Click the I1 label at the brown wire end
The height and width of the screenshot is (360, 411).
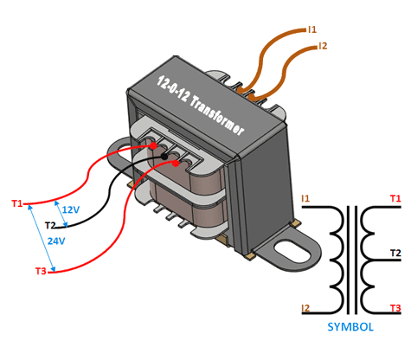coord(313,29)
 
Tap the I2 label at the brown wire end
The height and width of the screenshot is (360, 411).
coord(323,45)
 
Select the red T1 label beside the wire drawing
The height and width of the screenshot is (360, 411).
coord(17,204)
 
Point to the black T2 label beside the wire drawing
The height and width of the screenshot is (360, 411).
coord(50,225)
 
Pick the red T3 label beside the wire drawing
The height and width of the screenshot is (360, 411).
coord(41,272)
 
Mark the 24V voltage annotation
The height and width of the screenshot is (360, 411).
coord(57,241)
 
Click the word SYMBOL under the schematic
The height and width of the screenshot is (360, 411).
coord(350,327)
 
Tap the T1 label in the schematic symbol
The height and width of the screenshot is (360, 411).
coord(395,200)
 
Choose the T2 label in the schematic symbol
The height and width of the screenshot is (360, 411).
coord(395,254)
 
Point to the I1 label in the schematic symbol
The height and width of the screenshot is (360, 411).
coord(305,200)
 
